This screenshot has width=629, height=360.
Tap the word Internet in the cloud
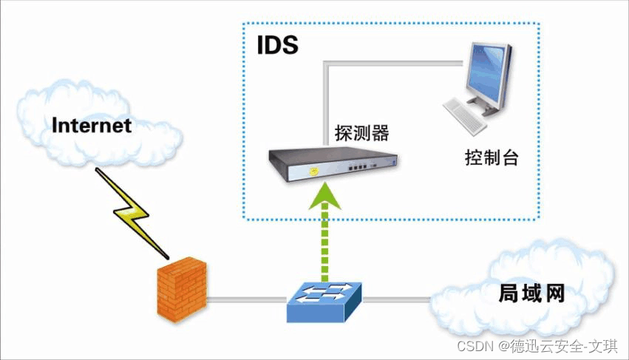[x=92, y=126]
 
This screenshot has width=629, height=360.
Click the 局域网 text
[x=529, y=293]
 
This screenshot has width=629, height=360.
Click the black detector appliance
[x=333, y=164]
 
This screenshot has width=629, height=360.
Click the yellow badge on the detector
[x=315, y=171]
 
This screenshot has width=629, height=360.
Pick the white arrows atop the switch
[x=324, y=291]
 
